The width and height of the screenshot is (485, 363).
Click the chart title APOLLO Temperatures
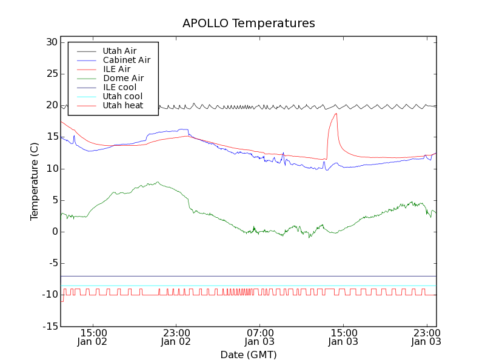click(x=249, y=24)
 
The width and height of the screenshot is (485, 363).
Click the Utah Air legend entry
click(x=119, y=51)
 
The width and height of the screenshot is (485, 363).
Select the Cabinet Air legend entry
click(x=126, y=60)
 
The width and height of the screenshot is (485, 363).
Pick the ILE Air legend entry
click(x=116, y=69)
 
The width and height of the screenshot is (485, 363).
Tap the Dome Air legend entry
click(x=123, y=78)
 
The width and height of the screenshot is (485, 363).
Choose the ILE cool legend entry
click(x=119, y=87)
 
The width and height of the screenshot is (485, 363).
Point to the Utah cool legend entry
click(x=122, y=96)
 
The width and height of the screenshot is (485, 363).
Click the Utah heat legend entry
click(x=122, y=105)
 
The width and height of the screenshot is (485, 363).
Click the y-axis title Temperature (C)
click(x=35, y=181)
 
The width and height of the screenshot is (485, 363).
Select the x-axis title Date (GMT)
click(x=249, y=355)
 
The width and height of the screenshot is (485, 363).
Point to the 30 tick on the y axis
click(x=50, y=42)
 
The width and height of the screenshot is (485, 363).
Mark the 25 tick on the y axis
click(x=50, y=74)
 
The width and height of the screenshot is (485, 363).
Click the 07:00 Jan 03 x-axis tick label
click(x=260, y=337)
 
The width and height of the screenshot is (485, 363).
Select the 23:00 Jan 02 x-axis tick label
click(x=176, y=337)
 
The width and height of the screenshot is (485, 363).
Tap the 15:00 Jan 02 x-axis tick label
click(x=93, y=337)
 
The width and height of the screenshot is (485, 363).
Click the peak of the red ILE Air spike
click(x=336, y=114)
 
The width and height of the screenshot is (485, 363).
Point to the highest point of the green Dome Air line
click(x=158, y=182)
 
